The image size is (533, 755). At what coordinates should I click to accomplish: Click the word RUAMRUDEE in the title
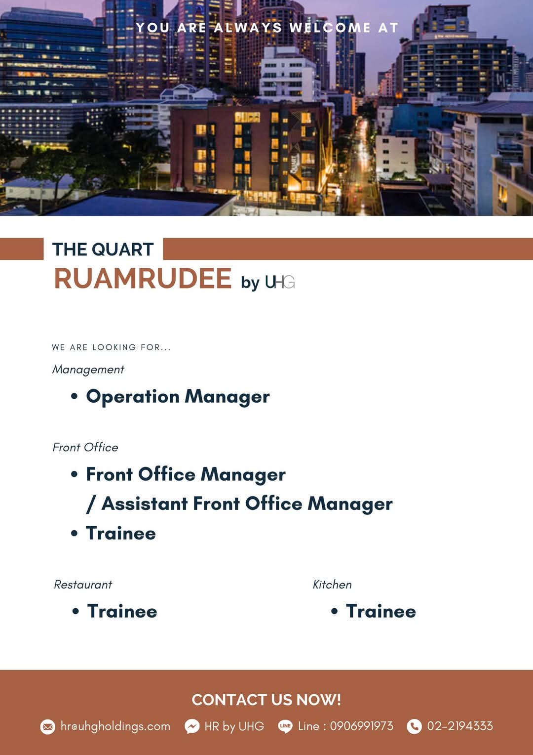tap(143, 278)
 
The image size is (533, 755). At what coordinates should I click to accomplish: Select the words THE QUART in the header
tap(103, 250)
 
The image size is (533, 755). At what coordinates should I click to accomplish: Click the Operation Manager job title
tap(178, 397)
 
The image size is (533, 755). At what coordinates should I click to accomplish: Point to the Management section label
tap(88, 370)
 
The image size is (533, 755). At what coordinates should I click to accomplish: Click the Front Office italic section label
tap(85, 447)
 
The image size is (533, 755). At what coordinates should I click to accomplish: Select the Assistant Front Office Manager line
tap(239, 504)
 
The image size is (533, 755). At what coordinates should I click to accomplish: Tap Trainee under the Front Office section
tap(121, 533)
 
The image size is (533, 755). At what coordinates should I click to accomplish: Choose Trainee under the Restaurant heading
tap(122, 611)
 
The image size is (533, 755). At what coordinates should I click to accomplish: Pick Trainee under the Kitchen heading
tap(381, 611)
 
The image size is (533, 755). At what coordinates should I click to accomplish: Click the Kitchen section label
tap(332, 585)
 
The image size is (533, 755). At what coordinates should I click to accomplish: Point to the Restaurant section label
tap(83, 585)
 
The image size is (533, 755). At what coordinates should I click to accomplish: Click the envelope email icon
tap(47, 727)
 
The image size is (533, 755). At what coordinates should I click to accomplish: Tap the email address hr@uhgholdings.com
tap(115, 726)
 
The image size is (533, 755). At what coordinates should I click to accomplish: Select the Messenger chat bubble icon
tap(192, 727)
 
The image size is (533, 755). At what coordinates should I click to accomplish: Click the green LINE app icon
tap(285, 726)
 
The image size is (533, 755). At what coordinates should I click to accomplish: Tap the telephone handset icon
tap(414, 727)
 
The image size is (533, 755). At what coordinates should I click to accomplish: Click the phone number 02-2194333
tap(460, 726)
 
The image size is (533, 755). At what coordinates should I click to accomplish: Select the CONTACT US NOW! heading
tap(266, 700)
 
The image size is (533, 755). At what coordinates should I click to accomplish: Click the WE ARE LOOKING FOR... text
tap(112, 347)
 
